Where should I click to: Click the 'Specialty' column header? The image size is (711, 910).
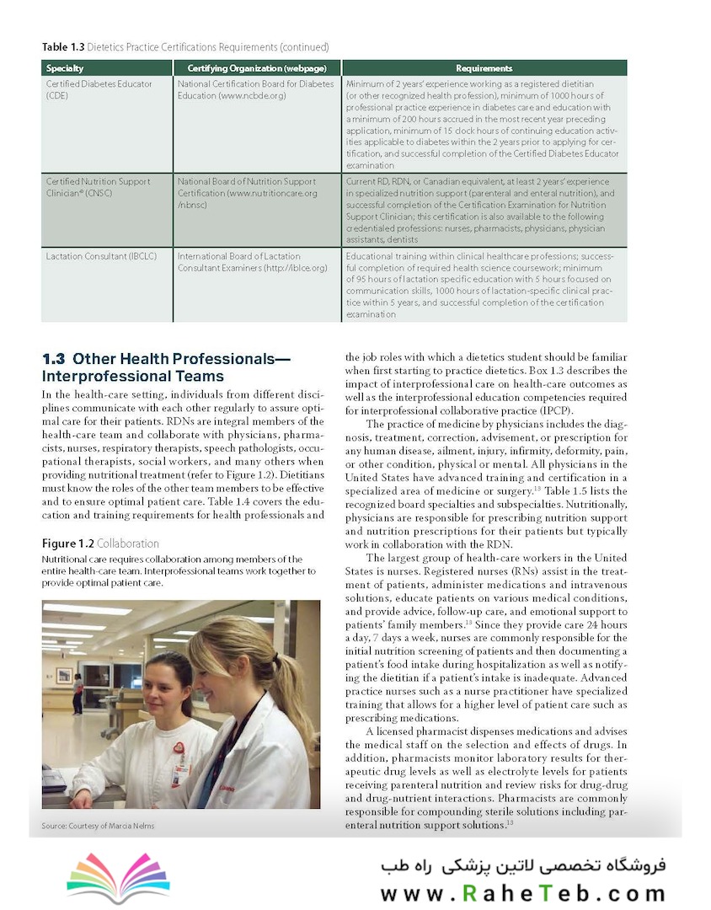pyautogui.click(x=65, y=68)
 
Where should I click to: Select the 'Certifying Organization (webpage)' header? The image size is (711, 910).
pyautogui.click(x=257, y=68)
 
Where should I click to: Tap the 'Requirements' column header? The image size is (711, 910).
pyautogui.click(x=484, y=68)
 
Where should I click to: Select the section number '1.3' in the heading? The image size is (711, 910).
pyautogui.click(x=54, y=360)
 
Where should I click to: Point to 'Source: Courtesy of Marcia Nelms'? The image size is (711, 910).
pyautogui.click(x=98, y=826)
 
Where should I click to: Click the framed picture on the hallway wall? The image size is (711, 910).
pyautogui.click(x=63, y=675)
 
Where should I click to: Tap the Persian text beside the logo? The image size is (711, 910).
pyautogui.click(x=522, y=866)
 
